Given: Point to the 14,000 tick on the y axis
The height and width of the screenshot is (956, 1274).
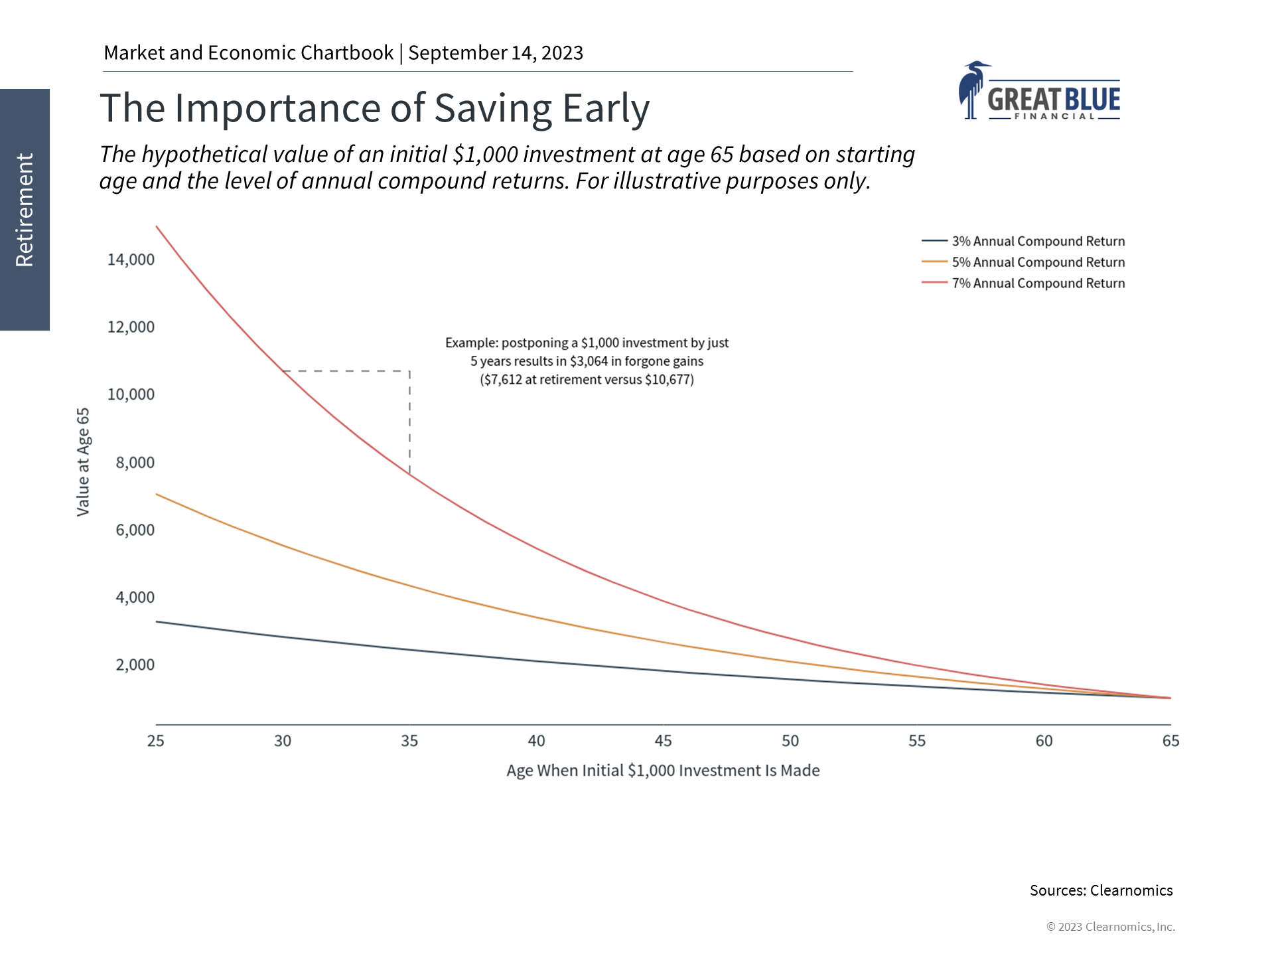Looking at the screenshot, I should pyautogui.click(x=131, y=260).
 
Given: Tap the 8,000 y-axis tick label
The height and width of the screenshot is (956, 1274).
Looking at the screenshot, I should pyautogui.click(x=135, y=463).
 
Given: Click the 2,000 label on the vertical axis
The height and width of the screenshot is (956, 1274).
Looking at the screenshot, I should pyautogui.click(x=135, y=665).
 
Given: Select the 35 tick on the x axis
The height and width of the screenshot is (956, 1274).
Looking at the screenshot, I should pyautogui.click(x=409, y=741).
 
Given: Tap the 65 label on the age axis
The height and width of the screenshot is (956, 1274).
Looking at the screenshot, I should pyautogui.click(x=1170, y=741).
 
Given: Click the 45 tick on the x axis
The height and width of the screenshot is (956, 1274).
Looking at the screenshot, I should pyautogui.click(x=663, y=741).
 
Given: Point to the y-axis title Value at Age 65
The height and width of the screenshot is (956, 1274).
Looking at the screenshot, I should pyautogui.click(x=83, y=462).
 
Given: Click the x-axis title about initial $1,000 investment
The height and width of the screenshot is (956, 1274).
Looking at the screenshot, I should pyautogui.click(x=663, y=771).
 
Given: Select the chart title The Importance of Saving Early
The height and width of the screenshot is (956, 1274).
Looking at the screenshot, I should pyautogui.click(x=374, y=108).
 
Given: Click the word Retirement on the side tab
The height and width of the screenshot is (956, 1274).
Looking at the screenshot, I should pyautogui.click(x=25, y=210).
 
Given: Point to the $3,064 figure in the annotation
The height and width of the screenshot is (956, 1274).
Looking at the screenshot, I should pyautogui.click(x=589, y=362).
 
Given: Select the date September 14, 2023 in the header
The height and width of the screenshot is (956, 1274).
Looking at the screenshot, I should pyautogui.click(x=496, y=53).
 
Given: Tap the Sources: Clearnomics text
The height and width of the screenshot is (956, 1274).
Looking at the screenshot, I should pyautogui.click(x=1101, y=891).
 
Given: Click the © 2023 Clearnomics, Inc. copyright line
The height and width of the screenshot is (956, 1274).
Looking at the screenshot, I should pyautogui.click(x=1110, y=927).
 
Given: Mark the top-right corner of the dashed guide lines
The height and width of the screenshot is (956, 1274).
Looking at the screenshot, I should pyautogui.click(x=409, y=371).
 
